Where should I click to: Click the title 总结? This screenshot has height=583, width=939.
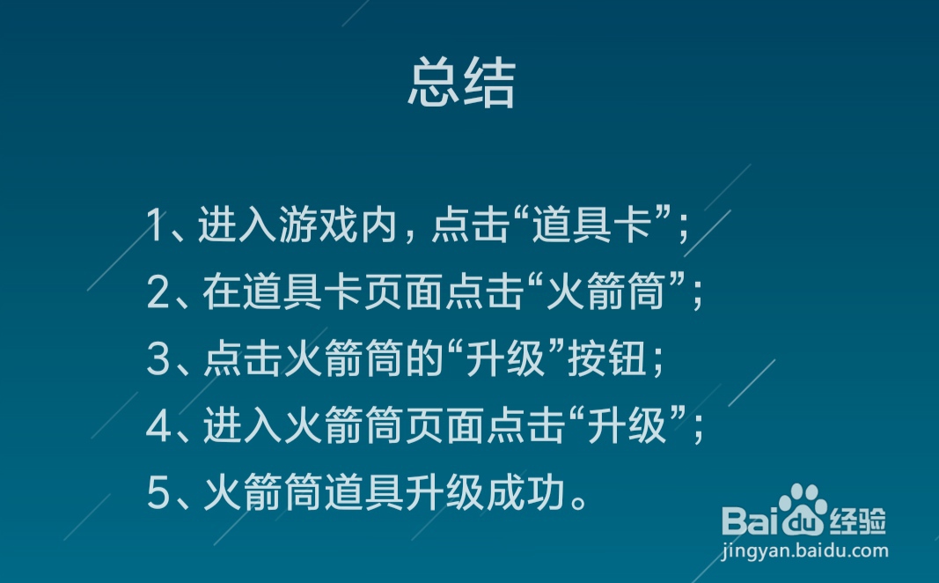click(x=461, y=84)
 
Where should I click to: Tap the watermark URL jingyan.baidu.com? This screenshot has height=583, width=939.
click(x=804, y=552)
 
